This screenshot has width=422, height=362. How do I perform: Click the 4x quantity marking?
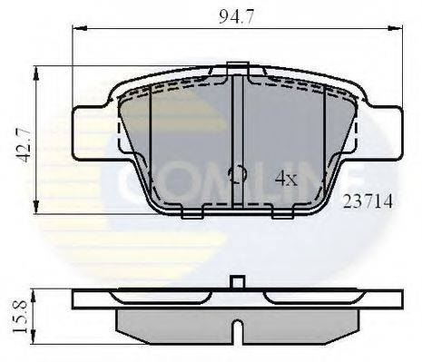(x=285, y=179)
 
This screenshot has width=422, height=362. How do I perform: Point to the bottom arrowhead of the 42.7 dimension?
(x=36, y=208)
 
